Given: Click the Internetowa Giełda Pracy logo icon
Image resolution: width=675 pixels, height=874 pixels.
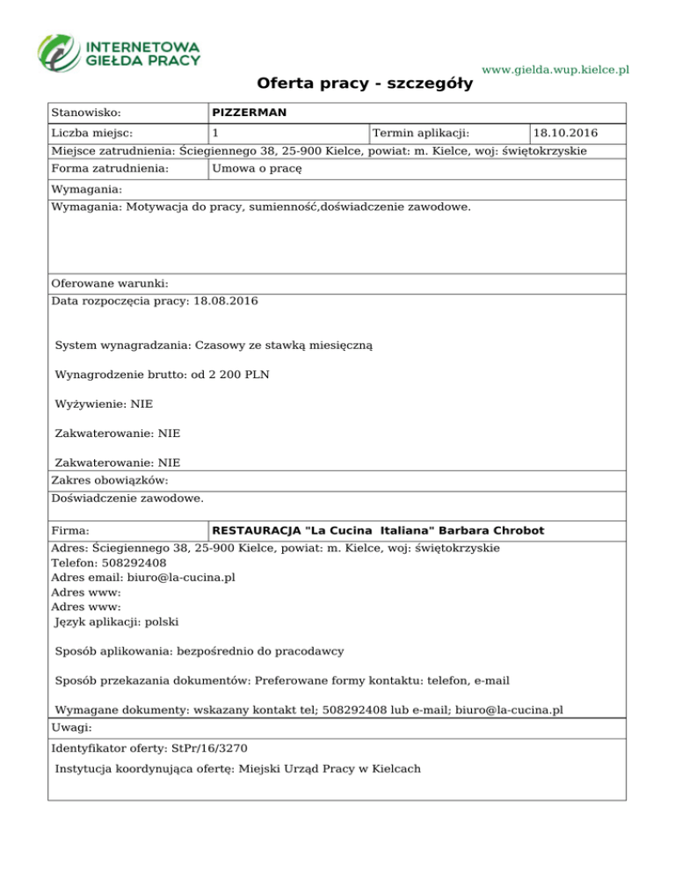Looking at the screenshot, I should coord(60,52).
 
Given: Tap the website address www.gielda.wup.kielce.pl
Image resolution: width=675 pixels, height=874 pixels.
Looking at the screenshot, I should coord(556,69).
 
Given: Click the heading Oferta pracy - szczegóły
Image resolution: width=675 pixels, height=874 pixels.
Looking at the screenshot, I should coord(365,84).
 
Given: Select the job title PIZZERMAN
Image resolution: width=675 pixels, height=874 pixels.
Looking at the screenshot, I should coord(250,113).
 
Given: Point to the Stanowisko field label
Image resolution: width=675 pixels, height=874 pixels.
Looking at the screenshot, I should coord(86,113).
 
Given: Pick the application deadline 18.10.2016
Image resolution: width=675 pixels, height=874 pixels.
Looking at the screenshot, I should coord(566,134).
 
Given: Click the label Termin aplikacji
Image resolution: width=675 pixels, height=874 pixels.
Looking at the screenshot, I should coord(421,134).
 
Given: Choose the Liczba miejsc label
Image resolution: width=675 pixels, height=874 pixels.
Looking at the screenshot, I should coord(92,134).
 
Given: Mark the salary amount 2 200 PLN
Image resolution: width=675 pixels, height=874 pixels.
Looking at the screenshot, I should coord(239,375).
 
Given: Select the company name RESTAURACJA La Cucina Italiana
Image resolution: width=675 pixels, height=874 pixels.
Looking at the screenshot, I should coord(378,531).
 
